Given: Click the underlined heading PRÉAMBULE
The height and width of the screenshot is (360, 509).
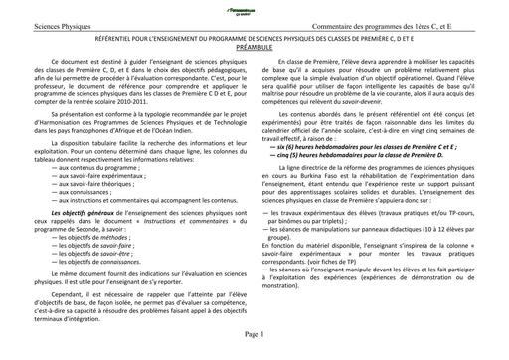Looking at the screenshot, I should [x=254, y=40].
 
